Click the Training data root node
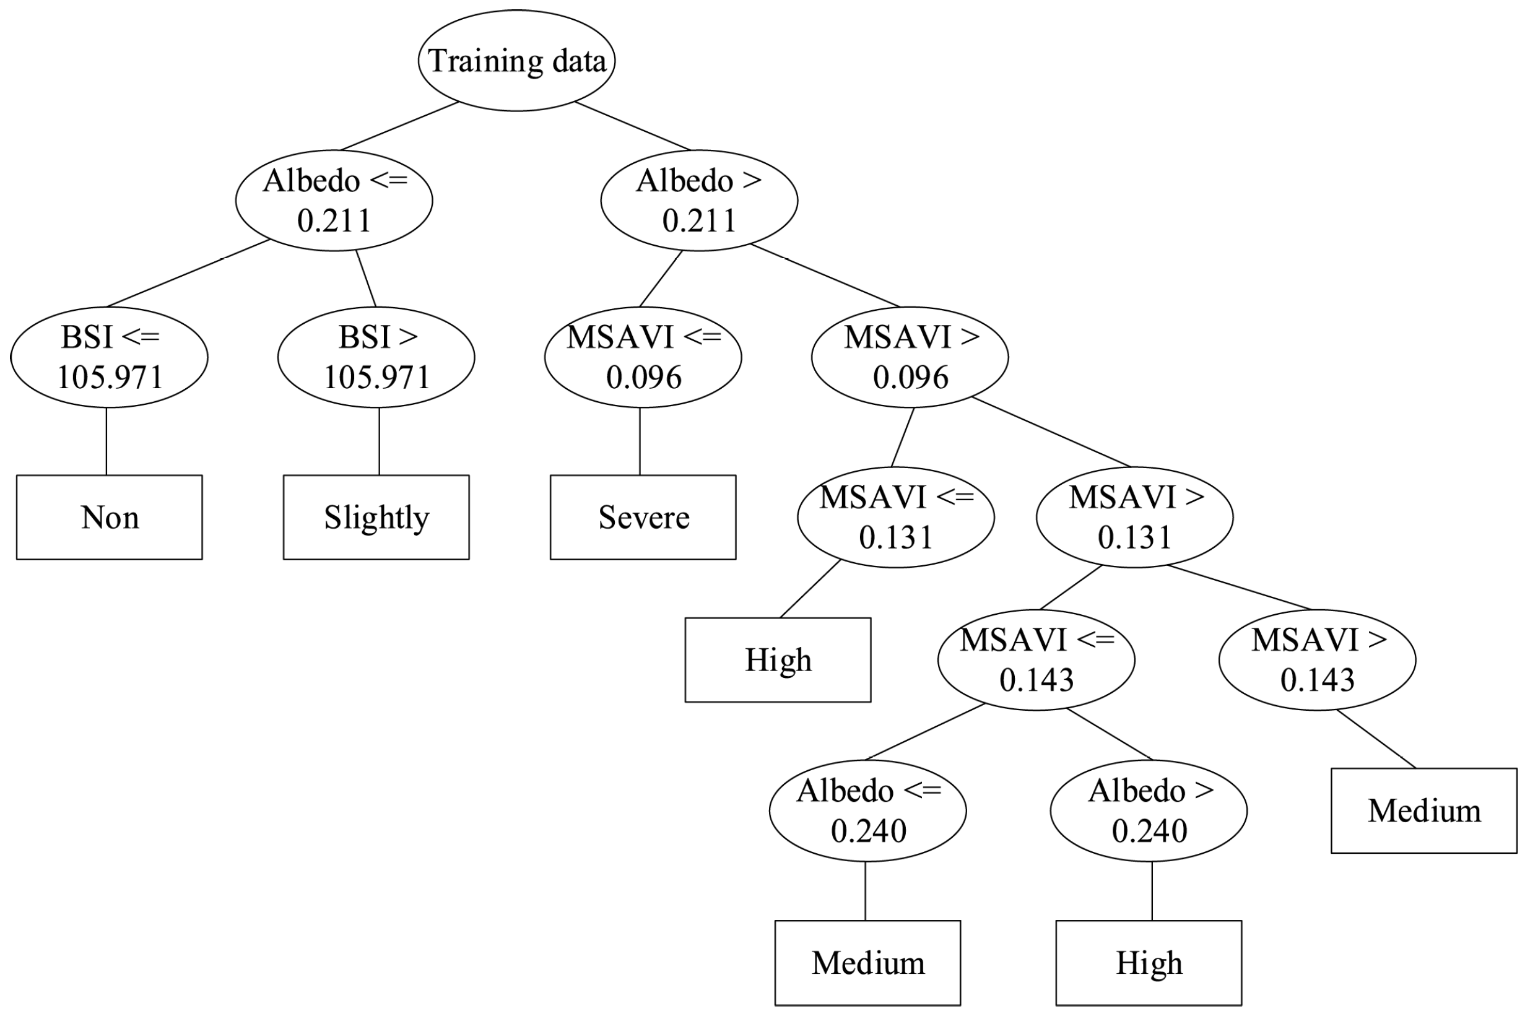tap(516, 60)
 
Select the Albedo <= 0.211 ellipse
tap(334, 200)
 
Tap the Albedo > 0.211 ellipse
tap(699, 200)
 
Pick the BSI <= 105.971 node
tap(109, 357)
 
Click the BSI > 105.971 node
tap(376, 357)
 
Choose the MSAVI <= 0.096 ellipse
tap(643, 357)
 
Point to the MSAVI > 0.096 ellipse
tap(910, 357)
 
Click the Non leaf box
tap(109, 517)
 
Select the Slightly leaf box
tap(376, 517)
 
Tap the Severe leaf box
tap(643, 517)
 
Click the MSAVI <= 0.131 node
tap(895, 517)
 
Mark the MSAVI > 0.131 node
tap(1134, 517)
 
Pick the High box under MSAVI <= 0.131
tap(778, 659)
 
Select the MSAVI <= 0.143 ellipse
tap(1036, 659)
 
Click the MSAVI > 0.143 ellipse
tap(1317, 659)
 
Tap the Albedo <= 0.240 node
tap(867, 810)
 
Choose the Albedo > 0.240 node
tap(1149, 810)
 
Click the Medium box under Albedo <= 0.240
tap(867, 963)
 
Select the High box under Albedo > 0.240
tap(1149, 963)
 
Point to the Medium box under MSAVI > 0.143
tap(1424, 810)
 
